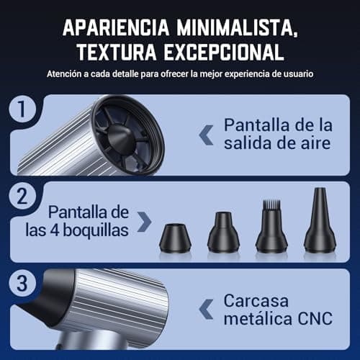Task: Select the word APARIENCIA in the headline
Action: point(111,27)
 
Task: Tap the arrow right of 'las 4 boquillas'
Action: point(144,222)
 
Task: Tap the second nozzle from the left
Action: point(222,232)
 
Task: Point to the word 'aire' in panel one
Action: point(314,143)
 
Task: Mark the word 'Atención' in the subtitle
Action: point(64,73)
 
